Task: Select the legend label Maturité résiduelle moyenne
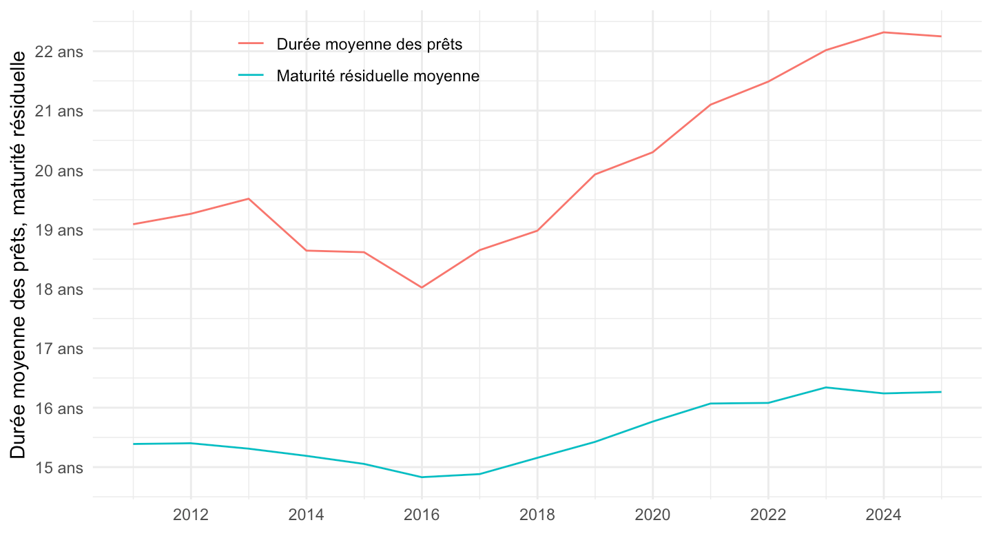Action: (x=378, y=76)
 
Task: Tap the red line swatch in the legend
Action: (x=251, y=43)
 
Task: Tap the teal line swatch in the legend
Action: (x=251, y=75)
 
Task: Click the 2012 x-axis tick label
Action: (x=191, y=516)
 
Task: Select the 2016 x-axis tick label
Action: (x=422, y=516)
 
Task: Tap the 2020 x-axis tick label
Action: (x=652, y=516)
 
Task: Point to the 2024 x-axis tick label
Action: (x=883, y=516)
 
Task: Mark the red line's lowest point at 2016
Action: (x=422, y=287)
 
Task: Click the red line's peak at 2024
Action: (x=883, y=32)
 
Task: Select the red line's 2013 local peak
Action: (x=249, y=198)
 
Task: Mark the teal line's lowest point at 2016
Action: (x=422, y=477)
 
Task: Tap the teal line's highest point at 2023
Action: (x=825, y=387)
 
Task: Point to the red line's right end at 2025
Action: (x=941, y=37)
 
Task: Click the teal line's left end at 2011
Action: (x=133, y=444)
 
